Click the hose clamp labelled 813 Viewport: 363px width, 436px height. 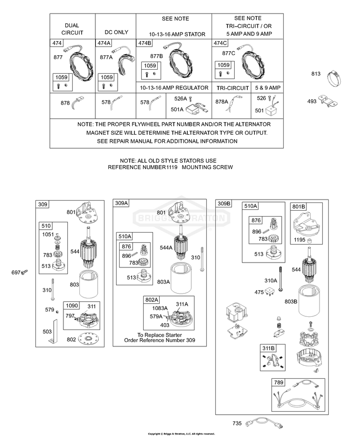[x=333, y=78]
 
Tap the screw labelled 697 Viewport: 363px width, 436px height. [x=25, y=272]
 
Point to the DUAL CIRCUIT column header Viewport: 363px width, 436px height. [x=72, y=29]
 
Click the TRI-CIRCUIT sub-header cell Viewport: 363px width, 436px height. [x=232, y=88]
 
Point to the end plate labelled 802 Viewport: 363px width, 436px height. [x=88, y=339]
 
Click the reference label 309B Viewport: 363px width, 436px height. [x=224, y=203]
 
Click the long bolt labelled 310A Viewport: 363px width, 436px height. [x=281, y=279]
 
